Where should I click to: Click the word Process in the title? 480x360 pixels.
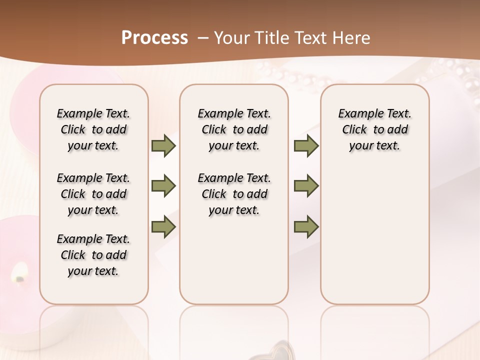click(x=154, y=38)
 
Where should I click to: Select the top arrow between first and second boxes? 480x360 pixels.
click(x=163, y=145)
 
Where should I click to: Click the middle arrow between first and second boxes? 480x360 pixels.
click(x=163, y=186)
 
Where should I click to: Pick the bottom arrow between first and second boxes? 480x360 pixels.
click(x=163, y=227)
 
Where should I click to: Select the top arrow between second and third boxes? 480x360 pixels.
click(x=306, y=145)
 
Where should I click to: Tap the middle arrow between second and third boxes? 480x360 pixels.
click(x=306, y=186)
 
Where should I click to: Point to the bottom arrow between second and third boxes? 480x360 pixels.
click(x=306, y=227)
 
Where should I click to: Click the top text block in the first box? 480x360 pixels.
click(x=93, y=129)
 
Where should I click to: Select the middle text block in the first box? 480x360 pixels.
click(x=93, y=194)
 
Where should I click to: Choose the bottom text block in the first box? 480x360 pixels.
click(x=93, y=255)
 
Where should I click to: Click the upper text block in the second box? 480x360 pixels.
click(x=234, y=129)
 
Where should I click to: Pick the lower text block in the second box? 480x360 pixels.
click(x=234, y=194)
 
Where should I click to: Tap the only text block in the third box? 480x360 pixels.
click(x=374, y=129)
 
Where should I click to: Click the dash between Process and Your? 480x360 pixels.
click(x=203, y=38)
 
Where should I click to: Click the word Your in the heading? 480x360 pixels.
click(x=232, y=38)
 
